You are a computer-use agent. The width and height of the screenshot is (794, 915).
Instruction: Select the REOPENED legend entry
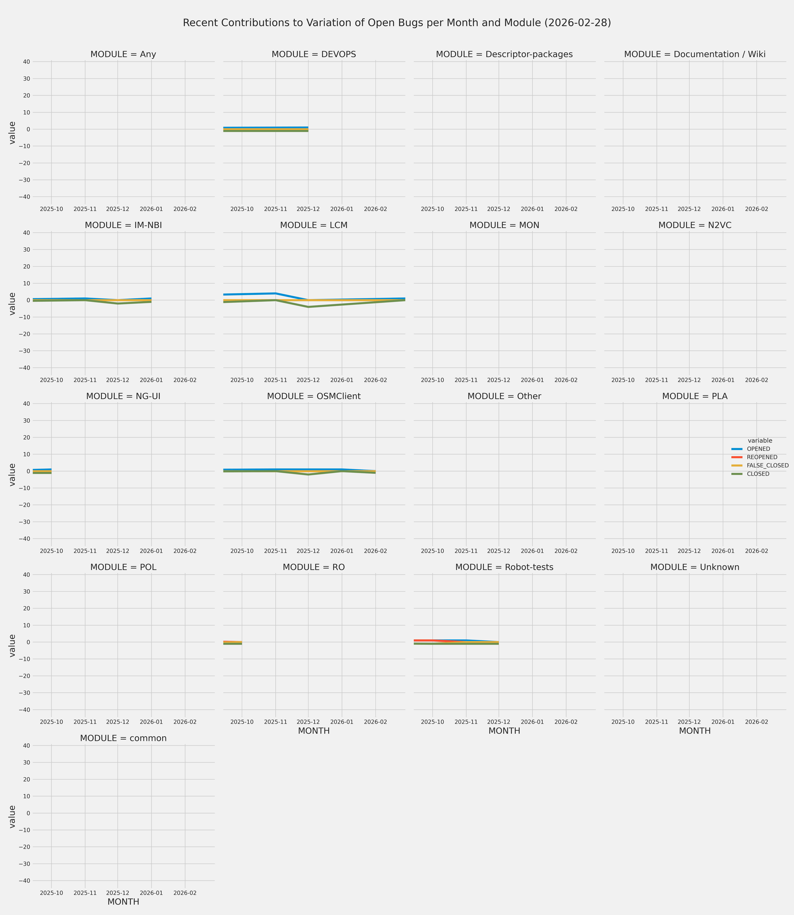tap(762, 457)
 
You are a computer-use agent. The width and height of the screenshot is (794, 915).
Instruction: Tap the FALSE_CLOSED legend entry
tap(767, 466)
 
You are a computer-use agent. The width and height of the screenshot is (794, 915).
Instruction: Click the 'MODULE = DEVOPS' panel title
tap(314, 55)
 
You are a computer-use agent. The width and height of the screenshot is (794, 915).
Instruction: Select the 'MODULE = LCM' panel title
tap(314, 226)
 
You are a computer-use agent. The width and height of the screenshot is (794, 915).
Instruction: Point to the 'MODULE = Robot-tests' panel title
tap(504, 568)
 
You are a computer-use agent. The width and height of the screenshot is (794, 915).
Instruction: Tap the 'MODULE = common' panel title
tap(123, 739)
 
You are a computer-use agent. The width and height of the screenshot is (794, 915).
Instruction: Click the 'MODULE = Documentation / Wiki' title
tap(695, 55)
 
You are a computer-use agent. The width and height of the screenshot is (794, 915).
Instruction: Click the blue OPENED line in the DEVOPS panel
tap(266, 128)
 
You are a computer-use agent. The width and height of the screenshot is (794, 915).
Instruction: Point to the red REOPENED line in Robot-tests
tap(425, 640)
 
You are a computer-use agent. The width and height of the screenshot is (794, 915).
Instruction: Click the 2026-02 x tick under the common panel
tap(185, 893)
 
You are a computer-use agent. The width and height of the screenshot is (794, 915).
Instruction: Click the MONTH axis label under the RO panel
tap(314, 731)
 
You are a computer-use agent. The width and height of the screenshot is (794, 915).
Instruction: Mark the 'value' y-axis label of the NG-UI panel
tap(12, 475)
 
